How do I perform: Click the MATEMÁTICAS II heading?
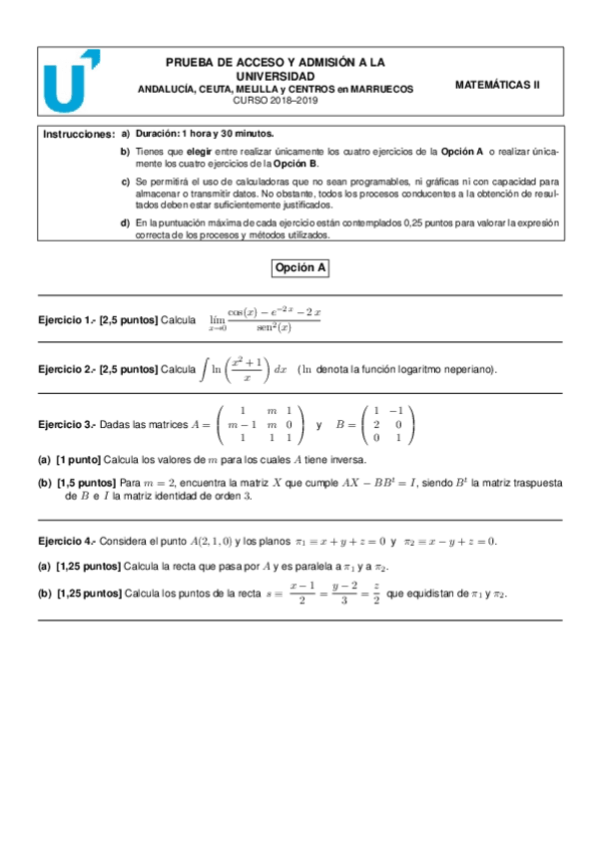496,85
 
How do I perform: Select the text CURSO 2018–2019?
275,101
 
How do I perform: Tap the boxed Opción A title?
300,267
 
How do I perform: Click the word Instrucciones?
79,133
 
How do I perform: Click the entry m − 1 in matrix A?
238,424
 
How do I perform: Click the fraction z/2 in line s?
376,594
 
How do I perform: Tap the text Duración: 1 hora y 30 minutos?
205,133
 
